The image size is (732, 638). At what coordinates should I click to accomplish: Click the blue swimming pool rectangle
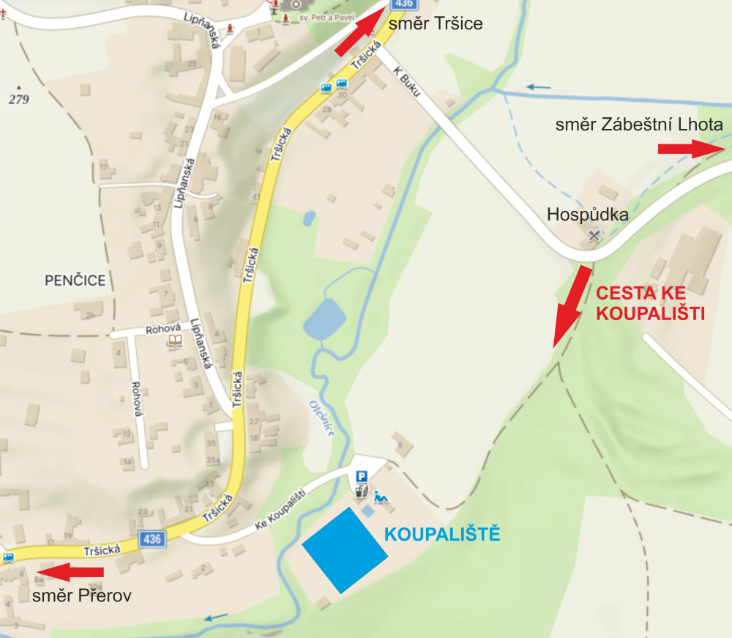344,549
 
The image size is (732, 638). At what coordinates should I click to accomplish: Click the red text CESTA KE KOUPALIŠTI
650,304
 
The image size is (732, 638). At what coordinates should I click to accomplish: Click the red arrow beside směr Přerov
70,571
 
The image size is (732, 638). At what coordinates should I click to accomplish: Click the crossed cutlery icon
594,236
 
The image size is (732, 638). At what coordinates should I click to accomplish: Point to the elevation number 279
19,100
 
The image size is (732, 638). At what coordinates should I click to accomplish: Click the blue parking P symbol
361,476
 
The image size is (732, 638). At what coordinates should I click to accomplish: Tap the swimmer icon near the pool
381,497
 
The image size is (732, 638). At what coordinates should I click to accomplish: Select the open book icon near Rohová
175,341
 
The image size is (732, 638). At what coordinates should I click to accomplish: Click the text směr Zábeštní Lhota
639,125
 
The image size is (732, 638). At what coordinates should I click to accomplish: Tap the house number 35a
213,460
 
